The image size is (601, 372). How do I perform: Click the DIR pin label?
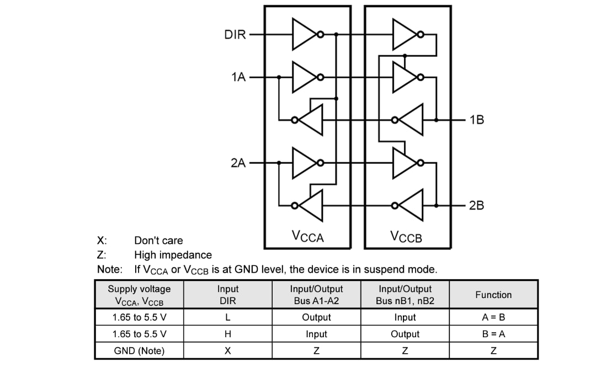(235, 35)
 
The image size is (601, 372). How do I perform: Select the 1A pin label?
(238, 77)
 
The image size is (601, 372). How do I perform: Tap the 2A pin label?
(238, 163)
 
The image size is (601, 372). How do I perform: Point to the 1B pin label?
(476, 119)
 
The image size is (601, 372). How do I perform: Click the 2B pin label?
(476, 205)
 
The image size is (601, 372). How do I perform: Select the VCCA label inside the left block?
(307, 237)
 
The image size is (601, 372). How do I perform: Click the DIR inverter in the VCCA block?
(305, 35)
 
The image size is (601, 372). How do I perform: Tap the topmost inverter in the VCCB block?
(406, 35)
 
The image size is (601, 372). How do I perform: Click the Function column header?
(493, 295)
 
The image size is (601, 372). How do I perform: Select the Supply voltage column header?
(139, 295)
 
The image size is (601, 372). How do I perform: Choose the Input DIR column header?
(227, 295)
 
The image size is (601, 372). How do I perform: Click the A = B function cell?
(493, 317)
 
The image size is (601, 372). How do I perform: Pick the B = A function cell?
(493, 334)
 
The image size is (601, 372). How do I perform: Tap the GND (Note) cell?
(139, 350)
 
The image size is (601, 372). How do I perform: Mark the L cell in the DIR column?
(227, 317)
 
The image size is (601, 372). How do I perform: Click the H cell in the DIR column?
(227, 334)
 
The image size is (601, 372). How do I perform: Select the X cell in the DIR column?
(227, 350)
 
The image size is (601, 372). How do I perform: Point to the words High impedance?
(173, 255)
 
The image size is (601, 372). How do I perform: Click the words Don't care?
(158, 241)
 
